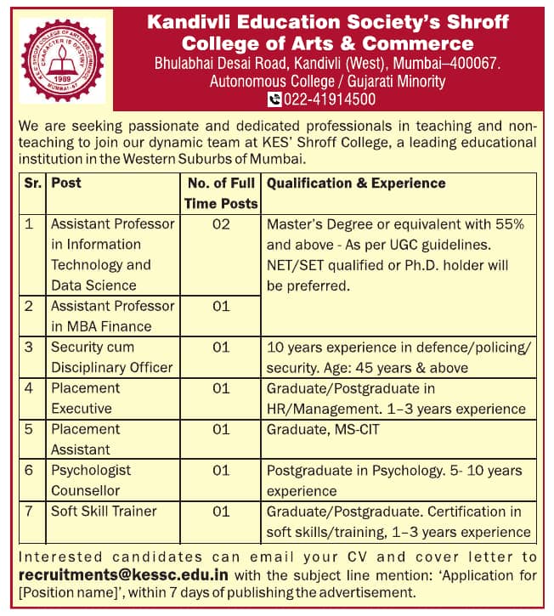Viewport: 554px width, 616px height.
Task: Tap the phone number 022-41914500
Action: tap(329, 99)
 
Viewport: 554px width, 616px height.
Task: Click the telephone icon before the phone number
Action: tap(274, 99)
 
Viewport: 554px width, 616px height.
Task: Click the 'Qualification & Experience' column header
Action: tap(356, 183)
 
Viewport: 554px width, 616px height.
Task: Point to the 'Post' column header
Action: tap(66, 183)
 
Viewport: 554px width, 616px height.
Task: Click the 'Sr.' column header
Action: tap(33, 183)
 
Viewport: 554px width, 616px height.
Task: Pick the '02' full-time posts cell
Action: tap(221, 224)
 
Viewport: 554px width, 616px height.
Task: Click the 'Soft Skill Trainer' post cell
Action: tap(104, 511)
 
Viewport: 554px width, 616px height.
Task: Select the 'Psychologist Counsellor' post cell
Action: tap(91, 480)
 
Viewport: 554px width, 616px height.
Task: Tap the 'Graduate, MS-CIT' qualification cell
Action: tap(323, 430)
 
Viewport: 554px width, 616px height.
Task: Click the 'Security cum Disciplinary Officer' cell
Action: tap(111, 357)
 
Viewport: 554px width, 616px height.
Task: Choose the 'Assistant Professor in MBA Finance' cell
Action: tap(112, 316)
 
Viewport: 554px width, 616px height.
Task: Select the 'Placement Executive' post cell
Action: tap(86, 398)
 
